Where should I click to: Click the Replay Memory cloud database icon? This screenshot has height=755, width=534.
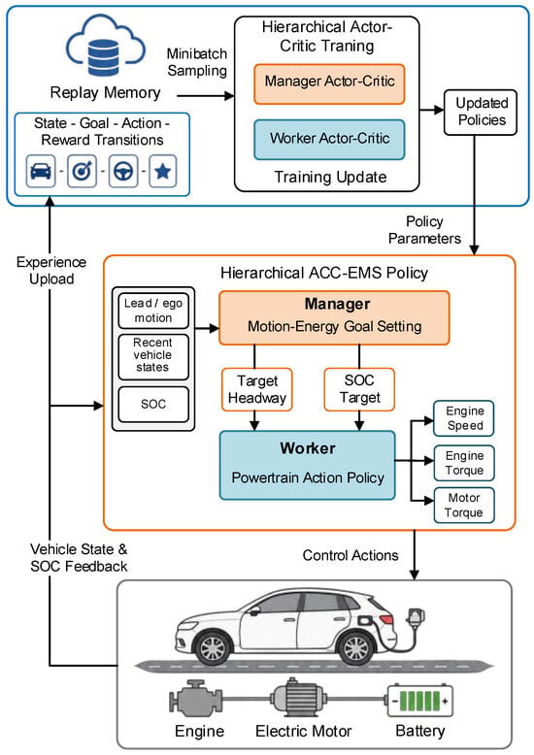point(106,47)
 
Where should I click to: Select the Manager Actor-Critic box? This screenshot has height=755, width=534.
point(329,83)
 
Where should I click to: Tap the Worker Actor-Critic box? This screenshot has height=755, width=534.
point(329,140)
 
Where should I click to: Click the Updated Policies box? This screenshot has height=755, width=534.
point(480,113)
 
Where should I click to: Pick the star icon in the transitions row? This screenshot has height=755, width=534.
point(162,171)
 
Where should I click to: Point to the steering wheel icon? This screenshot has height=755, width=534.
point(123,171)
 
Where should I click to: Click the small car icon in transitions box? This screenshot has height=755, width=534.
point(41,171)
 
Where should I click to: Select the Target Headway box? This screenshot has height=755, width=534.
point(257,389)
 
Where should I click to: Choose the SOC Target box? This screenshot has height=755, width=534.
point(359,389)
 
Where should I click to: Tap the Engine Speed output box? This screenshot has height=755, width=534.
point(464,418)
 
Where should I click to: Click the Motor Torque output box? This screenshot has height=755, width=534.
point(464,505)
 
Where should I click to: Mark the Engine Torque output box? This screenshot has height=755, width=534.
point(464,463)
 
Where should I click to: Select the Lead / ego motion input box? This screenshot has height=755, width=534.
point(153,311)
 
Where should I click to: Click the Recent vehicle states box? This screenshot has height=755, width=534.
point(153,356)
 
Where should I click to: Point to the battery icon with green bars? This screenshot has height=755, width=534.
point(419,701)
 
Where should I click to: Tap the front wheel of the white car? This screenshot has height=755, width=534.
point(213,647)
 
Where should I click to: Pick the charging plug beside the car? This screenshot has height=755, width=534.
point(416,618)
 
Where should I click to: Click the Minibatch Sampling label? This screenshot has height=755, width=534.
point(197,62)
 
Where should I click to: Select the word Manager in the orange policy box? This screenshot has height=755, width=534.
point(337,304)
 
